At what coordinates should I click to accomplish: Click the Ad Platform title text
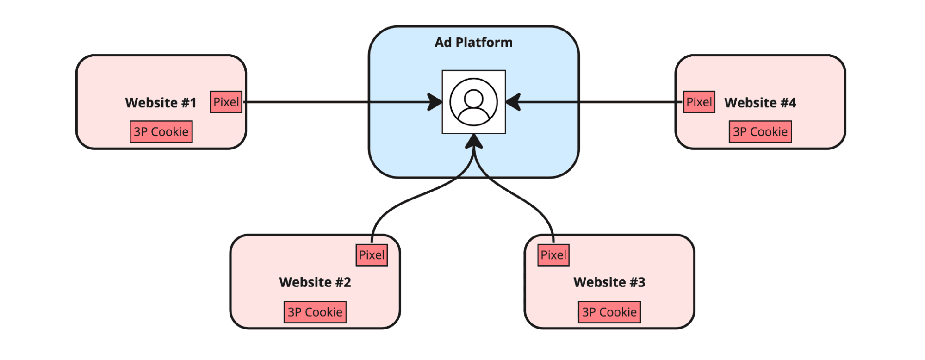pyautogui.click(x=473, y=43)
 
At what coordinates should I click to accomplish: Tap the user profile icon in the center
pyautogui.click(x=473, y=102)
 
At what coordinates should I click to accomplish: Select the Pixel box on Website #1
pyautogui.click(x=226, y=102)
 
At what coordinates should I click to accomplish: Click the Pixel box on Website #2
pyautogui.click(x=372, y=255)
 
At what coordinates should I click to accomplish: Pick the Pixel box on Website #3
pyautogui.click(x=553, y=255)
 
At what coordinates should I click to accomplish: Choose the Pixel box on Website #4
pyautogui.click(x=699, y=102)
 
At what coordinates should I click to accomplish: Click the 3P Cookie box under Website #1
pyautogui.click(x=161, y=132)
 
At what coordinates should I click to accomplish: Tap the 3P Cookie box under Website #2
pyautogui.click(x=315, y=312)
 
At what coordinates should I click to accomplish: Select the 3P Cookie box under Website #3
pyautogui.click(x=609, y=312)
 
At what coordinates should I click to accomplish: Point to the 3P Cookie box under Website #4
pyautogui.click(x=760, y=132)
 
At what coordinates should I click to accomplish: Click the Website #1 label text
pyautogui.click(x=161, y=103)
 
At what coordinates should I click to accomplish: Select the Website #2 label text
pyautogui.click(x=315, y=282)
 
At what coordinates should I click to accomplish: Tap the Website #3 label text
pyautogui.click(x=609, y=282)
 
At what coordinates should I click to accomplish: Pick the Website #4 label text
pyautogui.click(x=760, y=103)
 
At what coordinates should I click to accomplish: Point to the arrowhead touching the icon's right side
pyautogui.click(x=513, y=102)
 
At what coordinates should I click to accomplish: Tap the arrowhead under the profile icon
pyautogui.click(x=474, y=142)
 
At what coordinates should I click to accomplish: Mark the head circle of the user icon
pyautogui.click(x=473, y=98)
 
